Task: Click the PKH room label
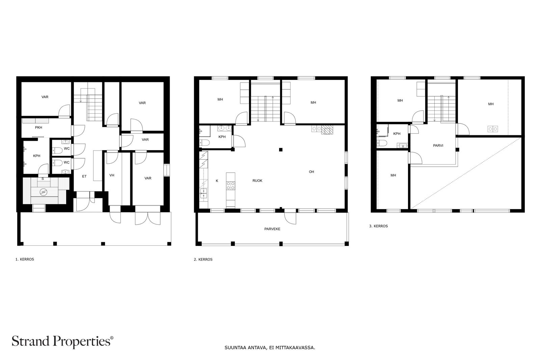pyautogui.click(x=38, y=128)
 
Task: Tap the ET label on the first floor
pyautogui.click(x=84, y=176)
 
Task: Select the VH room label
pyautogui.click(x=112, y=175)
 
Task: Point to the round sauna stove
pyautogui.click(x=44, y=192)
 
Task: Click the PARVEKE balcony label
pyautogui.click(x=272, y=229)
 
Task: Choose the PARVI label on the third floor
pyautogui.click(x=438, y=145)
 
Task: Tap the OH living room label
pyautogui.click(x=312, y=172)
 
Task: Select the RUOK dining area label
pyautogui.click(x=257, y=181)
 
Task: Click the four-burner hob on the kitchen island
pyautogui.click(x=231, y=186)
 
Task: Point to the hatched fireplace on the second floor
pyautogui.click(x=327, y=130)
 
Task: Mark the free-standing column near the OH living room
pyautogui.click(x=280, y=150)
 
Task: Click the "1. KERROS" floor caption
pyautogui.click(x=25, y=259)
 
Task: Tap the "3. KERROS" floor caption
pyautogui.click(x=378, y=226)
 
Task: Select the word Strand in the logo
pyautogui.click(x=30, y=341)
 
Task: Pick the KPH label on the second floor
pyautogui.click(x=222, y=137)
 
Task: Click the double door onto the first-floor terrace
pyautogui.click(x=148, y=215)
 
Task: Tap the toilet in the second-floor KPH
pyautogui.click(x=204, y=143)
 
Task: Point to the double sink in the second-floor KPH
pyautogui.click(x=225, y=128)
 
